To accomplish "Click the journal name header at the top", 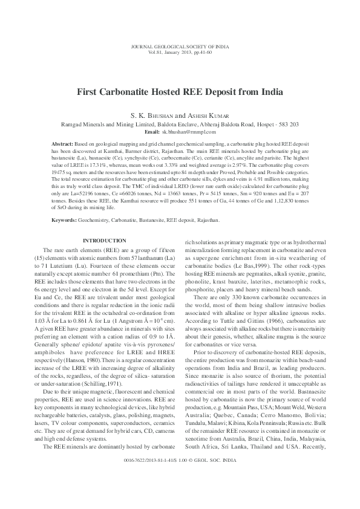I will [x=180, y=47].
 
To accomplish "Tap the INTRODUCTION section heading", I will [x=105, y=241].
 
